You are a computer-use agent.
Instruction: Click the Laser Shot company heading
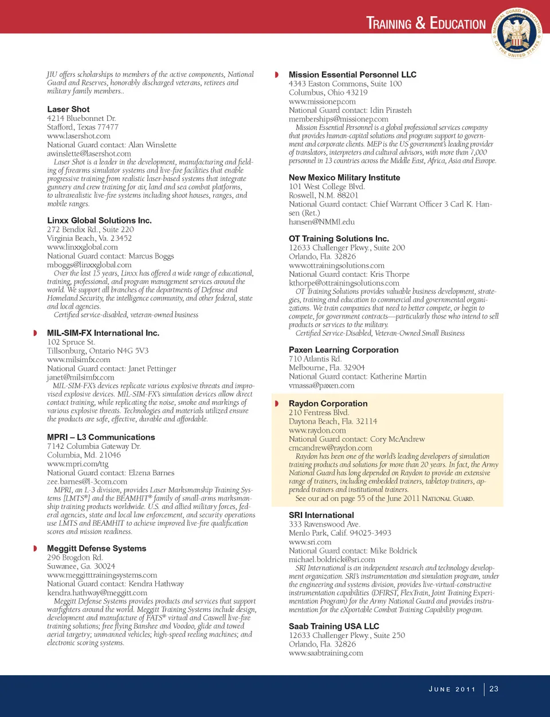coord(68,109)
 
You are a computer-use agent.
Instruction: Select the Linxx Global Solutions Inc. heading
coord(99,220)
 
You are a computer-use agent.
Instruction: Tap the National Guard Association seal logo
coord(518,33)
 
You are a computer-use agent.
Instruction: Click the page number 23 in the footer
coord(494,689)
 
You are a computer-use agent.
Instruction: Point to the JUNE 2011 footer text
coord(452,689)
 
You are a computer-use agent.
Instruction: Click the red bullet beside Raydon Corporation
coord(277,403)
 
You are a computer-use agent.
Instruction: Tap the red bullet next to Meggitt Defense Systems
coord(35,548)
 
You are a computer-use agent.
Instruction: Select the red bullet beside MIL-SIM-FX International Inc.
coord(35,333)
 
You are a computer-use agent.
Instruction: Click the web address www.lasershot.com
coord(78,136)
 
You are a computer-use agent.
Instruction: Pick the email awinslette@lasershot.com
coord(89,154)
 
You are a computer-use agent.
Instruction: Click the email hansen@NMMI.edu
coord(321,222)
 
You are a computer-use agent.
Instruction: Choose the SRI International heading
coord(321,515)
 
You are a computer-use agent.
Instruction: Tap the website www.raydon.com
coord(317,430)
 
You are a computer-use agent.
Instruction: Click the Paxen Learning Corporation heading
coord(343,350)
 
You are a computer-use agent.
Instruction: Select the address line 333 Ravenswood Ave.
coord(324,524)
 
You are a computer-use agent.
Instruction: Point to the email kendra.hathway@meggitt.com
coord(97,593)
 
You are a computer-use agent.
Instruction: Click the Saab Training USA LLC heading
coord(333,626)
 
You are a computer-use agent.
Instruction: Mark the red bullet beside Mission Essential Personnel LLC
coord(277,75)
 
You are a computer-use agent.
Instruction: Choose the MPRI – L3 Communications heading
coord(101,437)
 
